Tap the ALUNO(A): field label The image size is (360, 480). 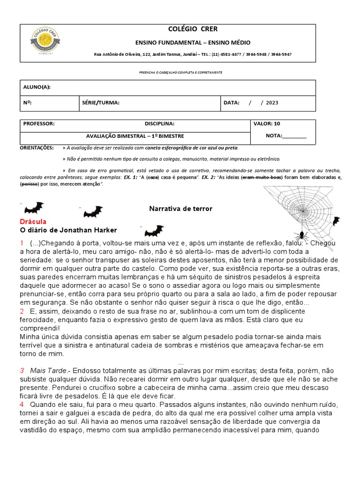tap(37, 87)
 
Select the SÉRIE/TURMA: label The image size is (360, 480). tap(100, 103)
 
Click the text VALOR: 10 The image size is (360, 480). tap(267, 124)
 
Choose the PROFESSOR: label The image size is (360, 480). tap(39, 124)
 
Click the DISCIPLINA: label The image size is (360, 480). tap(159, 124)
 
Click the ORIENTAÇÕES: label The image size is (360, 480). tap(37, 148)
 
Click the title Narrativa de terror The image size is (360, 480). tap(180, 209)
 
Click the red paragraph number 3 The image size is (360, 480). tap(22, 370)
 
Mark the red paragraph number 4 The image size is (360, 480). tap(22, 404)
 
